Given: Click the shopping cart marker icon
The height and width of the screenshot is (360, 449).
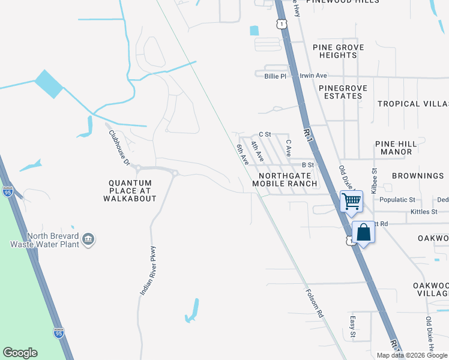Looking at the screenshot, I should [x=351, y=200].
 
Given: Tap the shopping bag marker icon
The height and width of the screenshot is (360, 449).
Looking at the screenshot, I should [x=364, y=232].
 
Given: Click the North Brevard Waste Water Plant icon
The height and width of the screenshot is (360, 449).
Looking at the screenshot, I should [x=88, y=239].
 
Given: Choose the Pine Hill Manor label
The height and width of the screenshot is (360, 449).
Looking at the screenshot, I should [x=394, y=148].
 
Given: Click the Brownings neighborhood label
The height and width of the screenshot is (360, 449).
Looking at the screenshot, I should [x=418, y=176].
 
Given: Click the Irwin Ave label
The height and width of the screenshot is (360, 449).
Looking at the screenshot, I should [x=313, y=76].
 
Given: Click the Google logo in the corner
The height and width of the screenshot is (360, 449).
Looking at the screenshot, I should [x=20, y=353].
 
